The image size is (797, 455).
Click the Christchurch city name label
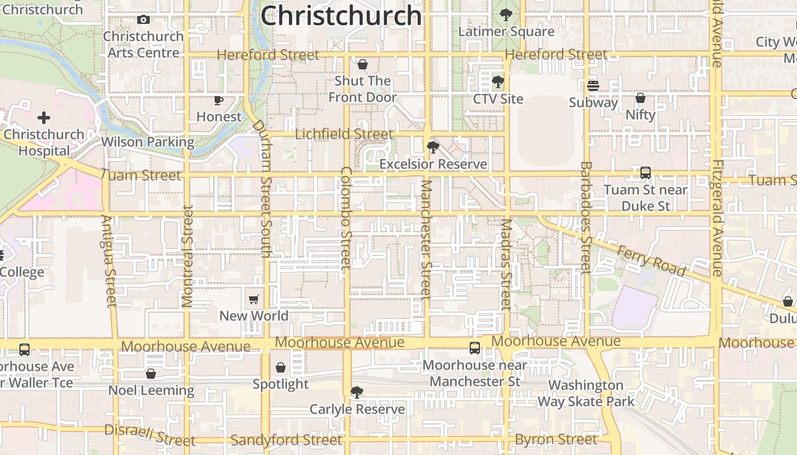click(340, 15)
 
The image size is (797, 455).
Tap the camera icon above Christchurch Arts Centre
click(143, 20)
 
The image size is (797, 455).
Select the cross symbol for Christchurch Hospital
click(44, 118)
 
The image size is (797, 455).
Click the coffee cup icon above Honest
click(219, 100)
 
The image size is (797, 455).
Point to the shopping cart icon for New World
click(254, 299)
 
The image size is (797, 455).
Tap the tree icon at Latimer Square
click(506, 15)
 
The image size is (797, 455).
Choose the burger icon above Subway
click(593, 86)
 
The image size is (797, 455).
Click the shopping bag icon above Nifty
click(640, 98)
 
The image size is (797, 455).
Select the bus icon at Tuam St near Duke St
click(646, 173)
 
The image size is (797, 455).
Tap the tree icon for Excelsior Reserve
click(433, 147)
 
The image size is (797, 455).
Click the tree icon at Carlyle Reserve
click(357, 392)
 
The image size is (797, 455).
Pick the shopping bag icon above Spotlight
click(281, 367)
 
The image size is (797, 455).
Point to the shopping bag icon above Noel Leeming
click(151, 374)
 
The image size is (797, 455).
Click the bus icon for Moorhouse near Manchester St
click(475, 348)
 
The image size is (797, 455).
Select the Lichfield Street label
click(344, 134)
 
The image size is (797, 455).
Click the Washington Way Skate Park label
click(586, 393)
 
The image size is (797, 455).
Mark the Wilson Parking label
click(147, 142)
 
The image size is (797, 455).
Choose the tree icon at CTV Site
click(498, 82)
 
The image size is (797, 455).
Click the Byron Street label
click(556, 440)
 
